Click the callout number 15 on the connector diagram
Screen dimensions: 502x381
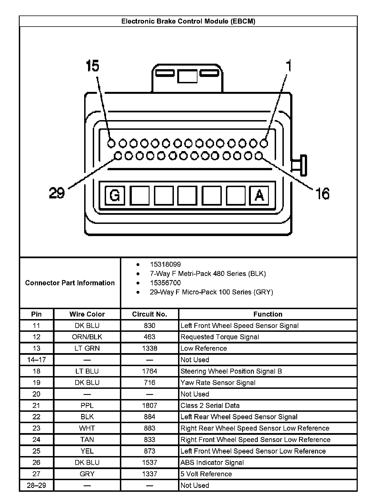[x=92, y=66]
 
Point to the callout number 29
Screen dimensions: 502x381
[x=57, y=193]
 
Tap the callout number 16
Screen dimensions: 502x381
[x=323, y=193]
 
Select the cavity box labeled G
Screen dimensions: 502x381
[x=115, y=195]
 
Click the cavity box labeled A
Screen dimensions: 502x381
[x=259, y=195]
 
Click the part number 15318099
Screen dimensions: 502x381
[x=165, y=264]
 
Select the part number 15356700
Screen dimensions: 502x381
[x=165, y=283]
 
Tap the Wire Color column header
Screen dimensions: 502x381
[x=87, y=314]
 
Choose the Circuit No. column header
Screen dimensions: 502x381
[x=150, y=314]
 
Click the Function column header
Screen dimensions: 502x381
[x=268, y=314]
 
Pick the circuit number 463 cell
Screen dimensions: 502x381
[x=150, y=337]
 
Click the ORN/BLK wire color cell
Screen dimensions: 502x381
[x=87, y=337]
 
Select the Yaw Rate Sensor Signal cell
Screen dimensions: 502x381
[x=218, y=382]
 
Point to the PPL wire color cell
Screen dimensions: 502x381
[x=87, y=405]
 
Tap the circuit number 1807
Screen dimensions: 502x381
[x=150, y=405]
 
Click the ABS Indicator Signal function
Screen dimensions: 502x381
[x=212, y=462]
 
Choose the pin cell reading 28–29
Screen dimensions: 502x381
[x=36, y=485]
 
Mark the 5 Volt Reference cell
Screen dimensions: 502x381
[x=206, y=474]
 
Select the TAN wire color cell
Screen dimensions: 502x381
[x=87, y=439]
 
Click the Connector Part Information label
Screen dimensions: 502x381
[x=70, y=283]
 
